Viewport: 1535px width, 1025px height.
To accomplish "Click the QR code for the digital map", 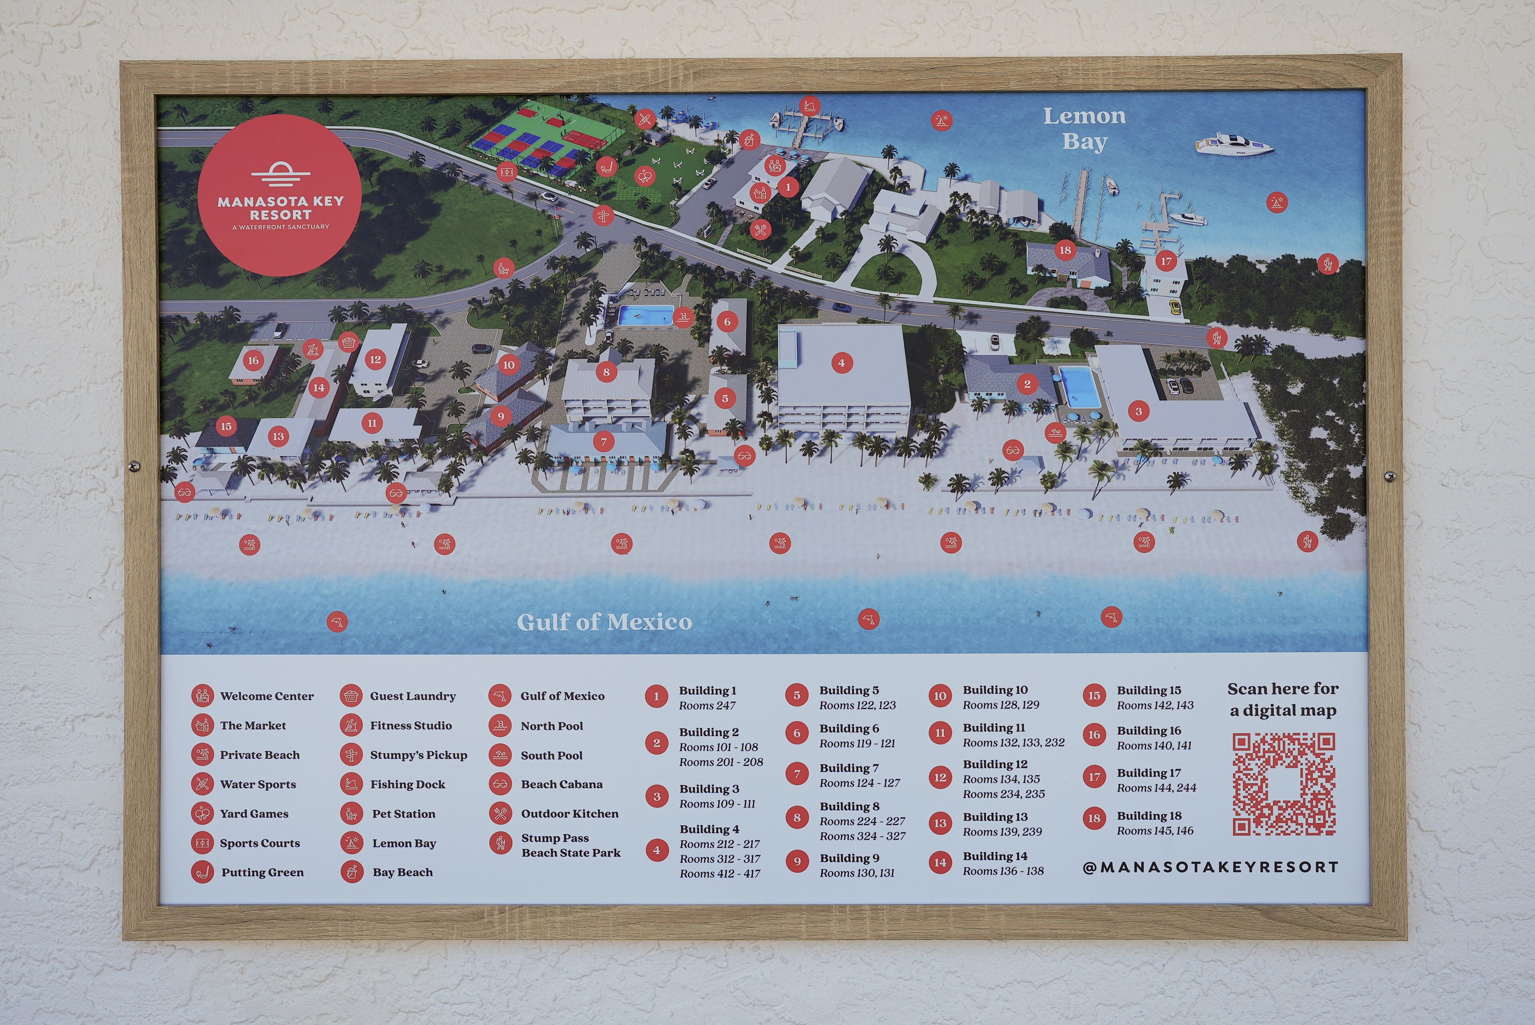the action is [x=1284, y=784].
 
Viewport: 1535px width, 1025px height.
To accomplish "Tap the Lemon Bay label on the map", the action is [x=1084, y=129].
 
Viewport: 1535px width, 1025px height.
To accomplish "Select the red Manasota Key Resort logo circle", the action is [x=280, y=195].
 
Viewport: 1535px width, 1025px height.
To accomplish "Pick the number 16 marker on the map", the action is [x=253, y=360].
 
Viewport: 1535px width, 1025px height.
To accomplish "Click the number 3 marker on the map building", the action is [x=1138, y=411].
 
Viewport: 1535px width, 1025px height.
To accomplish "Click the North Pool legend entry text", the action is [x=552, y=726].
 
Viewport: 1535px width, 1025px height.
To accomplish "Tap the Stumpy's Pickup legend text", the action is [x=418, y=755].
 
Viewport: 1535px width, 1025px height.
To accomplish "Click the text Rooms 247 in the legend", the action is [x=707, y=705].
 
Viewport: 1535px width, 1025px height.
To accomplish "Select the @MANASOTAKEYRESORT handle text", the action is [x=1210, y=867].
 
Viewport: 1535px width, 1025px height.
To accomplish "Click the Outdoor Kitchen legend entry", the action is [x=569, y=814].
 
